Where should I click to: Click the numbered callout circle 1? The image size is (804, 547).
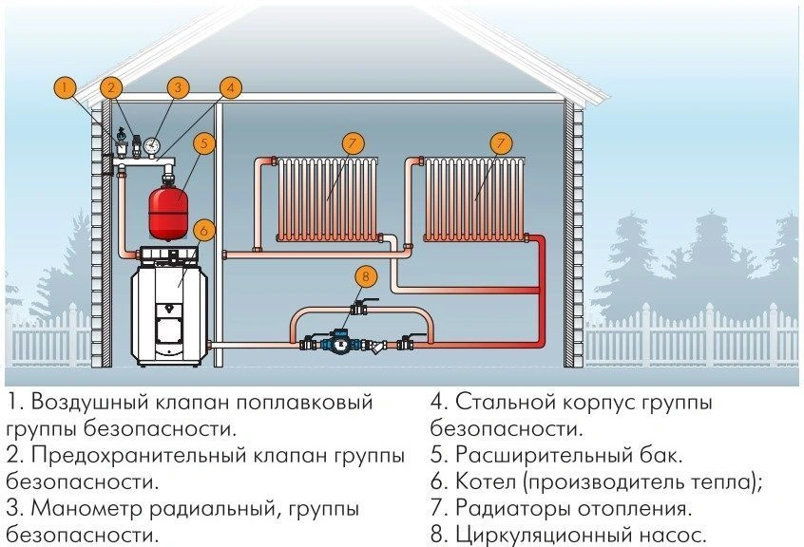[64, 87]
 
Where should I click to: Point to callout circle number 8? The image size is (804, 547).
[365, 277]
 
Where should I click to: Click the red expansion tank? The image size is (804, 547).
[168, 210]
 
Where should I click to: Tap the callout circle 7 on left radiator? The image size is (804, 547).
[352, 144]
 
